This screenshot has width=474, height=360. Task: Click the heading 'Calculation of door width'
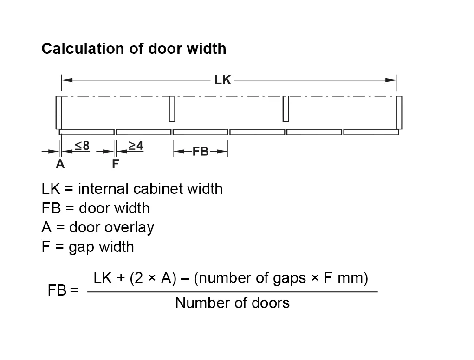point(134,49)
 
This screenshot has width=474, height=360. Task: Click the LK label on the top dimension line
point(223,80)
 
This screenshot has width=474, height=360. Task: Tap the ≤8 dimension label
point(82,146)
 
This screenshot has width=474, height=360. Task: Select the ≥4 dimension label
point(136,146)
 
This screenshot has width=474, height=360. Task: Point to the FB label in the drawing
point(201,152)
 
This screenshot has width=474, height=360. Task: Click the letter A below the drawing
point(60,164)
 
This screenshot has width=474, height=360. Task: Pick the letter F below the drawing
point(115,164)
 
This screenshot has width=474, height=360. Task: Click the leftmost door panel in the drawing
point(87,132)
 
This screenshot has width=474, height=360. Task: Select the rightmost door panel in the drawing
point(371,132)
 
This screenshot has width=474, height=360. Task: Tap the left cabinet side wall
point(58,112)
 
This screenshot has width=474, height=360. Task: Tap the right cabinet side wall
point(399,112)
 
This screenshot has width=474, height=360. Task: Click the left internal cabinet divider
point(172,109)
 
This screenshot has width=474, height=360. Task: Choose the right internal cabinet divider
point(286,109)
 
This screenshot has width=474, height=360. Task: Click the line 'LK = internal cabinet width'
point(132,189)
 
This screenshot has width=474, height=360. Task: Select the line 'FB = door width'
point(96,208)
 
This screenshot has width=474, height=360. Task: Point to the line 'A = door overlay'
point(97,227)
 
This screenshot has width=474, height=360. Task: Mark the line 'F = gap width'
point(88,247)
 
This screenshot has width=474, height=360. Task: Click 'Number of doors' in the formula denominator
point(232,303)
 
